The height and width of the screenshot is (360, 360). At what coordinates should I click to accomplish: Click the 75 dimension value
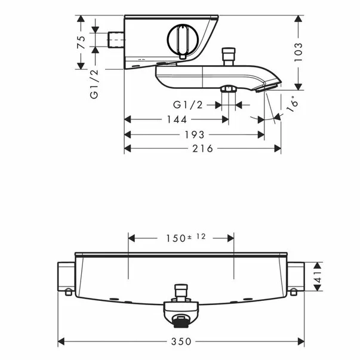tap(82, 42)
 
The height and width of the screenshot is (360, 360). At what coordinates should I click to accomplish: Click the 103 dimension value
tap(299, 52)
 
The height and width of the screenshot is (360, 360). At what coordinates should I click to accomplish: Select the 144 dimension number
tap(177, 119)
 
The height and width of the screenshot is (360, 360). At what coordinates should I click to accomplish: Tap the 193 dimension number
tap(195, 135)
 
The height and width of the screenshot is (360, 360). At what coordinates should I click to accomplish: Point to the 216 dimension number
tap(203, 149)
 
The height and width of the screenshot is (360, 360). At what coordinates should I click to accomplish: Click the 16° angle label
tap(293, 104)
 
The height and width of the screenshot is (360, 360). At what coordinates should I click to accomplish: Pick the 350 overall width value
tap(181, 341)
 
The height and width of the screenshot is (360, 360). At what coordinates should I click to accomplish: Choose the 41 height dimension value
tap(318, 277)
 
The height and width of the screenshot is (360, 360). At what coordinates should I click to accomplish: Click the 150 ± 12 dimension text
tap(186, 238)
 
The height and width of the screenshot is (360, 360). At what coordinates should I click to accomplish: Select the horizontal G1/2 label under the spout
tap(188, 105)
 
